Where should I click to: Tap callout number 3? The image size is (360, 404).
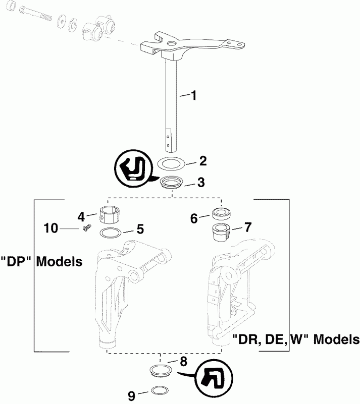point(201,182)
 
